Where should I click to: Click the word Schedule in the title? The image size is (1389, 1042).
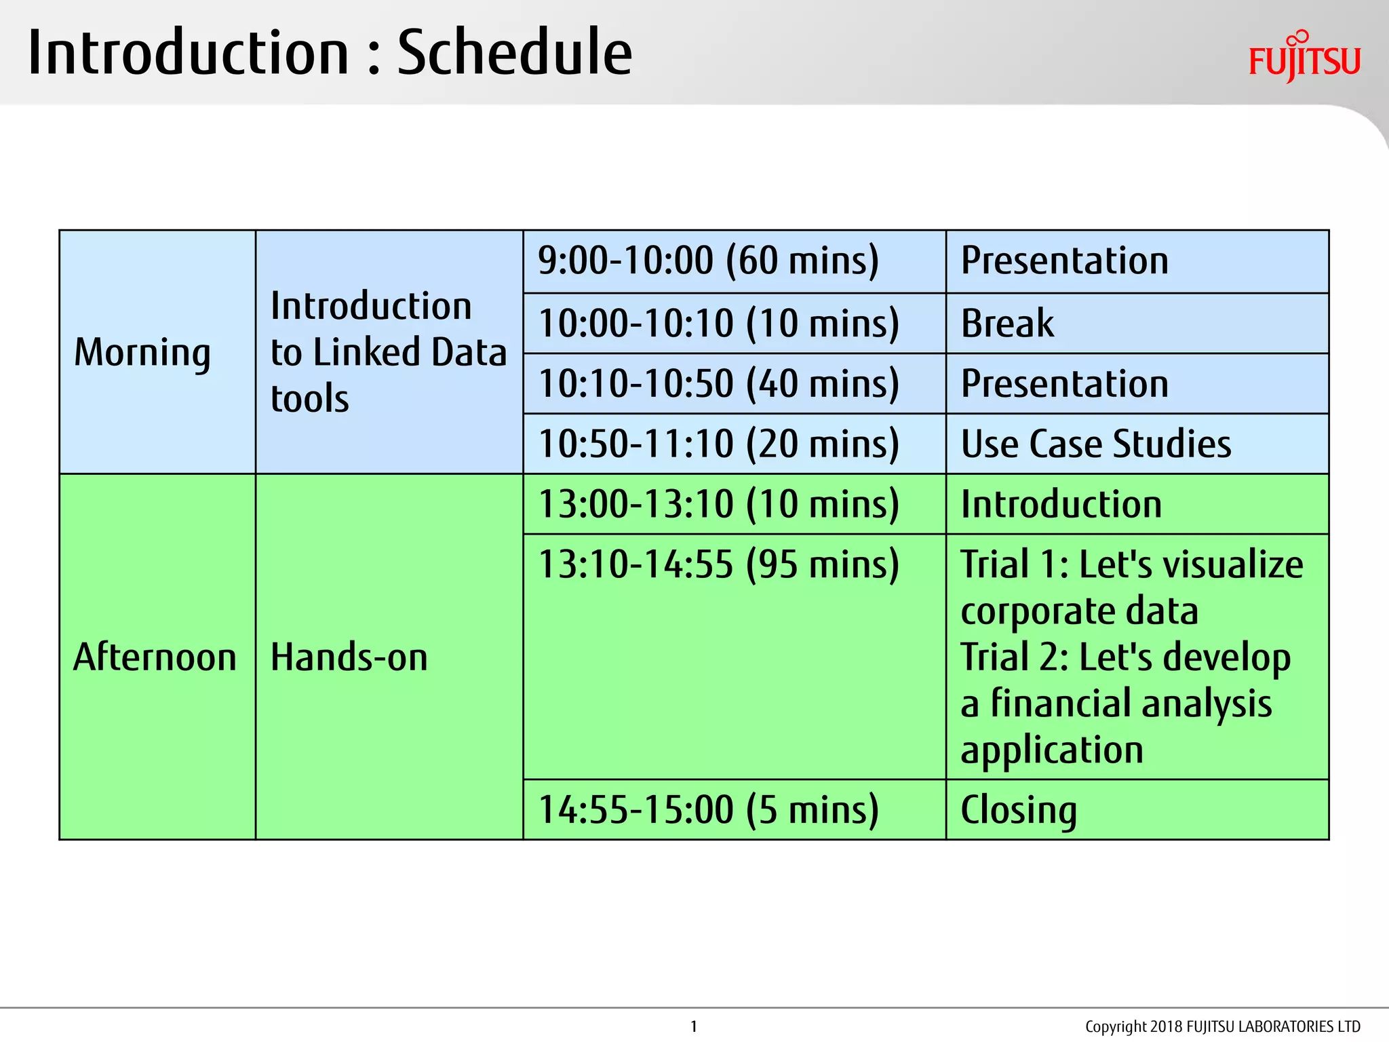(x=514, y=53)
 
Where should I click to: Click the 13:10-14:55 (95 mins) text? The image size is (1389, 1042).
(x=718, y=564)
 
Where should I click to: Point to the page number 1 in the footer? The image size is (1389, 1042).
(x=694, y=1026)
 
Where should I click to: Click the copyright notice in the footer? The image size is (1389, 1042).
(x=1222, y=1026)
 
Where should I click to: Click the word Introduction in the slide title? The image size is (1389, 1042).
(x=188, y=53)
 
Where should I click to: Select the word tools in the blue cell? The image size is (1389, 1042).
(x=310, y=398)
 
